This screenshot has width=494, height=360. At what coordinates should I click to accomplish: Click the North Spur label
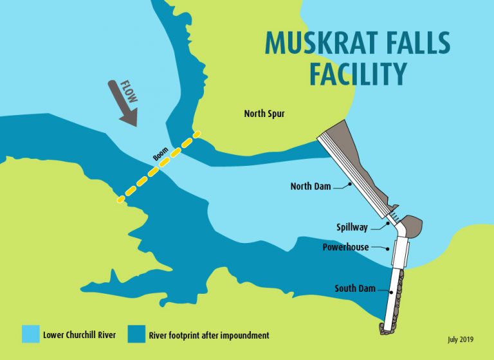tap(264, 114)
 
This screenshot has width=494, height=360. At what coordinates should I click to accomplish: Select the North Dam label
tap(311, 187)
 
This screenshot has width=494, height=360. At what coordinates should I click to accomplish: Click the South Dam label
tap(354, 289)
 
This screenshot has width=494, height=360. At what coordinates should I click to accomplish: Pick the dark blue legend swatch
tap(137, 334)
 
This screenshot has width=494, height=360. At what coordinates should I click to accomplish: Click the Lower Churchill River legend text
tap(80, 335)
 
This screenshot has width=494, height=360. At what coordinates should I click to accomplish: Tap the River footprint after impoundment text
tap(208, 335)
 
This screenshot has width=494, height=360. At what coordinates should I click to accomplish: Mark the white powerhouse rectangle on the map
tap(400, 251)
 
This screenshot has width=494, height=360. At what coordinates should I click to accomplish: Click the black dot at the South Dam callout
tap(392, 292)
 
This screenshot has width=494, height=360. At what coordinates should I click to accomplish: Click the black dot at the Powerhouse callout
tap(389, 248)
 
